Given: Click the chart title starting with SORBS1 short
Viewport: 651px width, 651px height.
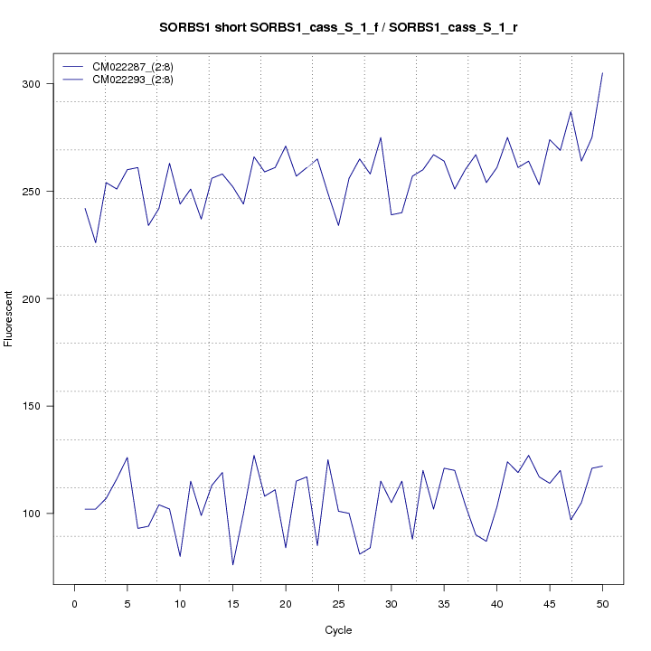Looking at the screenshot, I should click(x=338, y=27).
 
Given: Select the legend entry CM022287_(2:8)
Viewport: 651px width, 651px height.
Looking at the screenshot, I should click(x=139, y=66).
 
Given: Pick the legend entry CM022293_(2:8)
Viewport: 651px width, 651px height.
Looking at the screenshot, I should click(x=139, y=80).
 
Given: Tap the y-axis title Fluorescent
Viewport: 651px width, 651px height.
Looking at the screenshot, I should click(x=9, y=318).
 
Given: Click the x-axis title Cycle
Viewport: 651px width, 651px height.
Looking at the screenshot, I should click(x=338, y=630).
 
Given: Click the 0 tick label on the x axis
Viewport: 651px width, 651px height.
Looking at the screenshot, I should click(x=74, y=603).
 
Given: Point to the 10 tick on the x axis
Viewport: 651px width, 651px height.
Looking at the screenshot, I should click(x=180, y=603).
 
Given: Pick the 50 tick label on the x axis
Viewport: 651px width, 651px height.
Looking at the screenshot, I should click(x=602, y=603).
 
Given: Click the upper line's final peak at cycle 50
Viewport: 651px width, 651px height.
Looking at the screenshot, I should click(x=602, y=73).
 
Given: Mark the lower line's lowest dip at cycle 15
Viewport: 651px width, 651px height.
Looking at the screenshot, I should click(x=232, y=565).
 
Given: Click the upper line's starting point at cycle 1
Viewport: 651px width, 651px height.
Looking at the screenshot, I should click(x=85, y=208).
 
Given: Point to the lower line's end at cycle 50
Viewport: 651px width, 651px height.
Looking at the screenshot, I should click(x=602, y=466).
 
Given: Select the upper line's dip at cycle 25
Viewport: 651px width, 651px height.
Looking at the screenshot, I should click(x=338, y=225).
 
